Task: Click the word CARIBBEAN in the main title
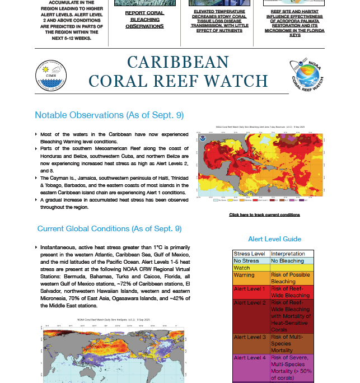coord(178,62)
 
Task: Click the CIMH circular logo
coord(50,74)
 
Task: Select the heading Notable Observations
coord(109,115)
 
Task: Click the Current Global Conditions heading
coord(109,228)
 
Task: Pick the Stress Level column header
coord(250,254)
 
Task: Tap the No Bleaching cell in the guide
coord(288,261)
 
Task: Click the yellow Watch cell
coord(250,268)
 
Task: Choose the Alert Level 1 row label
coord(250,288)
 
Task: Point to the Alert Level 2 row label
coord(250,303)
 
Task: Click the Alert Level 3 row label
coord(250,337)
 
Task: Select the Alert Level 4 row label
coord(250,357)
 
